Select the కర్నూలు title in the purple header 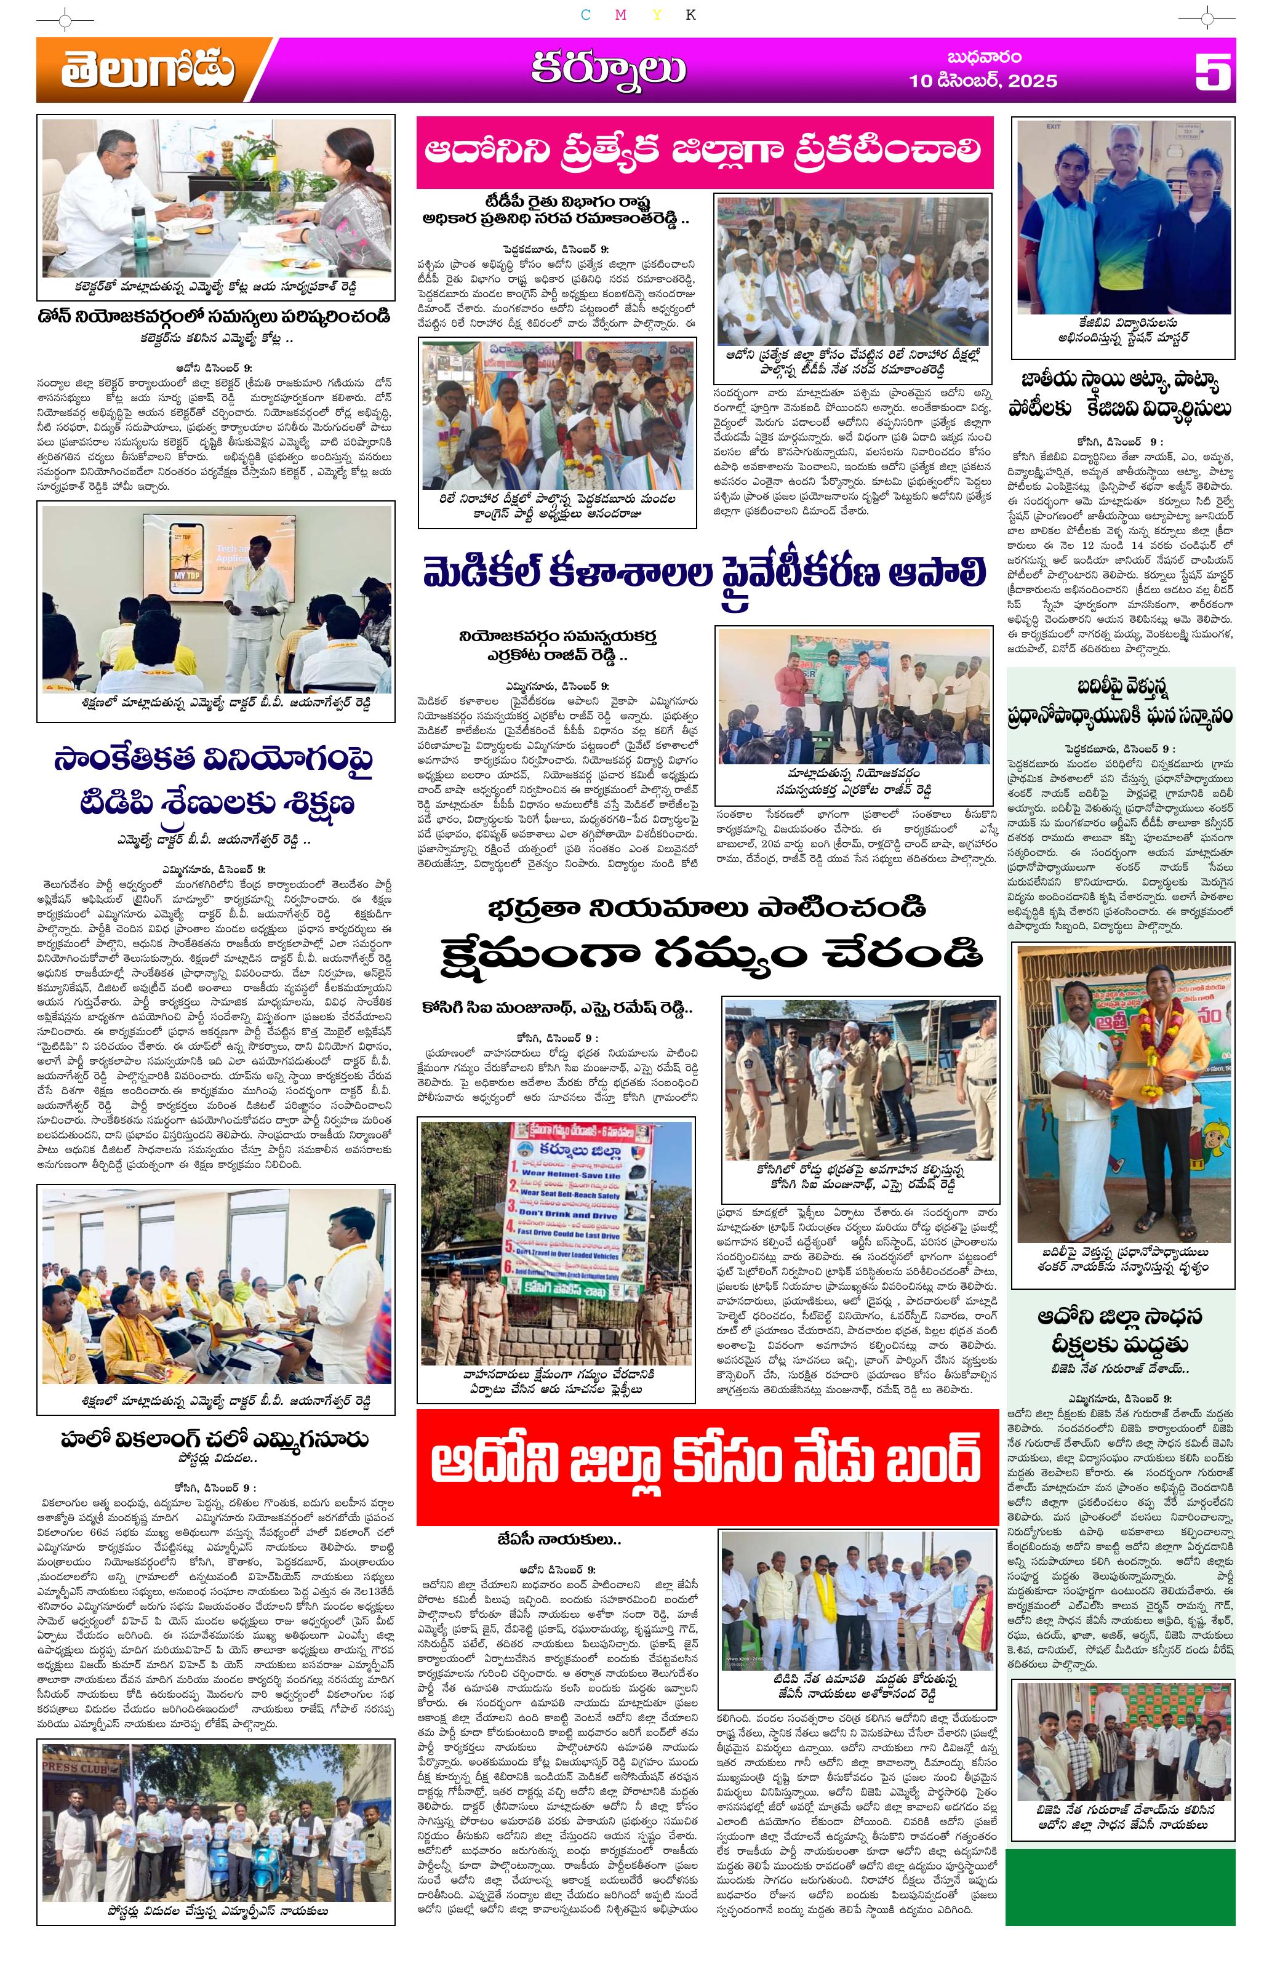tap(608, 70)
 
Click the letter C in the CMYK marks tap(586, 14)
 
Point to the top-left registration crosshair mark tap(65, 17)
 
